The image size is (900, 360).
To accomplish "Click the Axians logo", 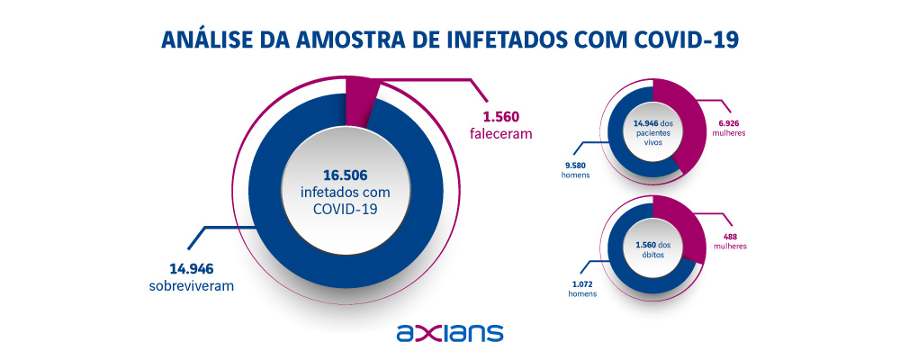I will pyautogui.click(x=449, y=332).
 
